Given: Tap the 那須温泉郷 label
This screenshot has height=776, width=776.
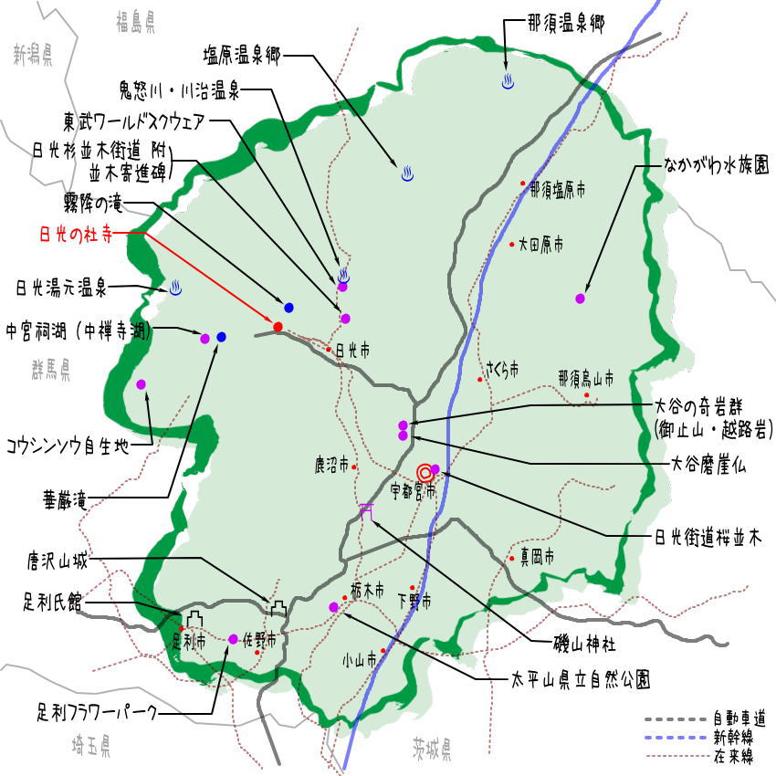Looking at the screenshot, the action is [566, 24].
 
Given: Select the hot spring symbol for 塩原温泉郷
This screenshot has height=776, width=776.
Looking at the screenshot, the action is [407, 173].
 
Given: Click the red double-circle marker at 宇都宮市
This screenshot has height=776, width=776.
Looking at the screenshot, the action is [425, 472].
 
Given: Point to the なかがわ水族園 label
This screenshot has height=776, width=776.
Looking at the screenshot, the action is [716, 166].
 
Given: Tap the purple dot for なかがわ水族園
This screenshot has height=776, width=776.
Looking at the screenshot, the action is [580, 299].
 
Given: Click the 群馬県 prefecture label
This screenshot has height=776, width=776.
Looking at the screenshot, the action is [50, 370].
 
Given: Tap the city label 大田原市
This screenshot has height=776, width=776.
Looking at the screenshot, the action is [540, 245].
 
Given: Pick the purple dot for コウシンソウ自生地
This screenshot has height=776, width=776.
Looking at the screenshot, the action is [142, 384].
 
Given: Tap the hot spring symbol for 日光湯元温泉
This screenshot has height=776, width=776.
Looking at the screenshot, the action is [176, 288].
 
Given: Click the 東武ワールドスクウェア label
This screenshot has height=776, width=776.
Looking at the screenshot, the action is [136, 121].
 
